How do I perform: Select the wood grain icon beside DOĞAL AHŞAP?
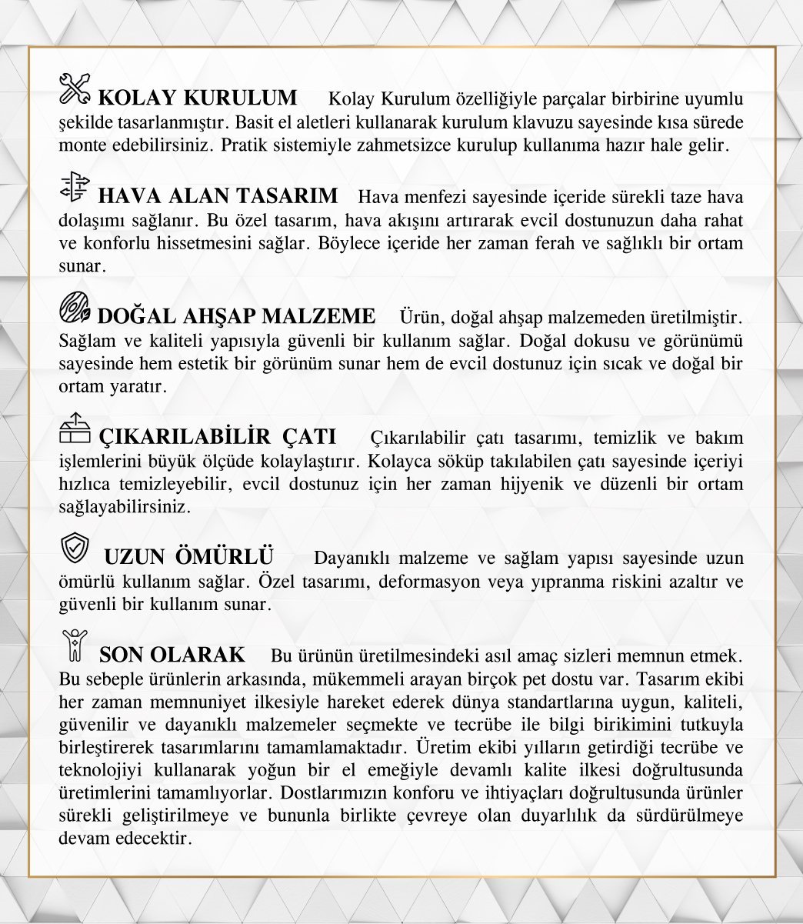[x=75, y=309]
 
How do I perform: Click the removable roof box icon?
[x=75, y=429]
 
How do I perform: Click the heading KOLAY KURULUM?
[x=198, y=98]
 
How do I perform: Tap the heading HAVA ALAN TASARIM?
[x=218, y=196]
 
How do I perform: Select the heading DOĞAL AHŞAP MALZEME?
[x=237, y=317]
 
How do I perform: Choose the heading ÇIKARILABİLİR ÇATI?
[x=218, y=437]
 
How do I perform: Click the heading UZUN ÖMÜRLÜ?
[x=189, y=556]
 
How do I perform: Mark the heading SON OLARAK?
[x=172, y=655]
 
